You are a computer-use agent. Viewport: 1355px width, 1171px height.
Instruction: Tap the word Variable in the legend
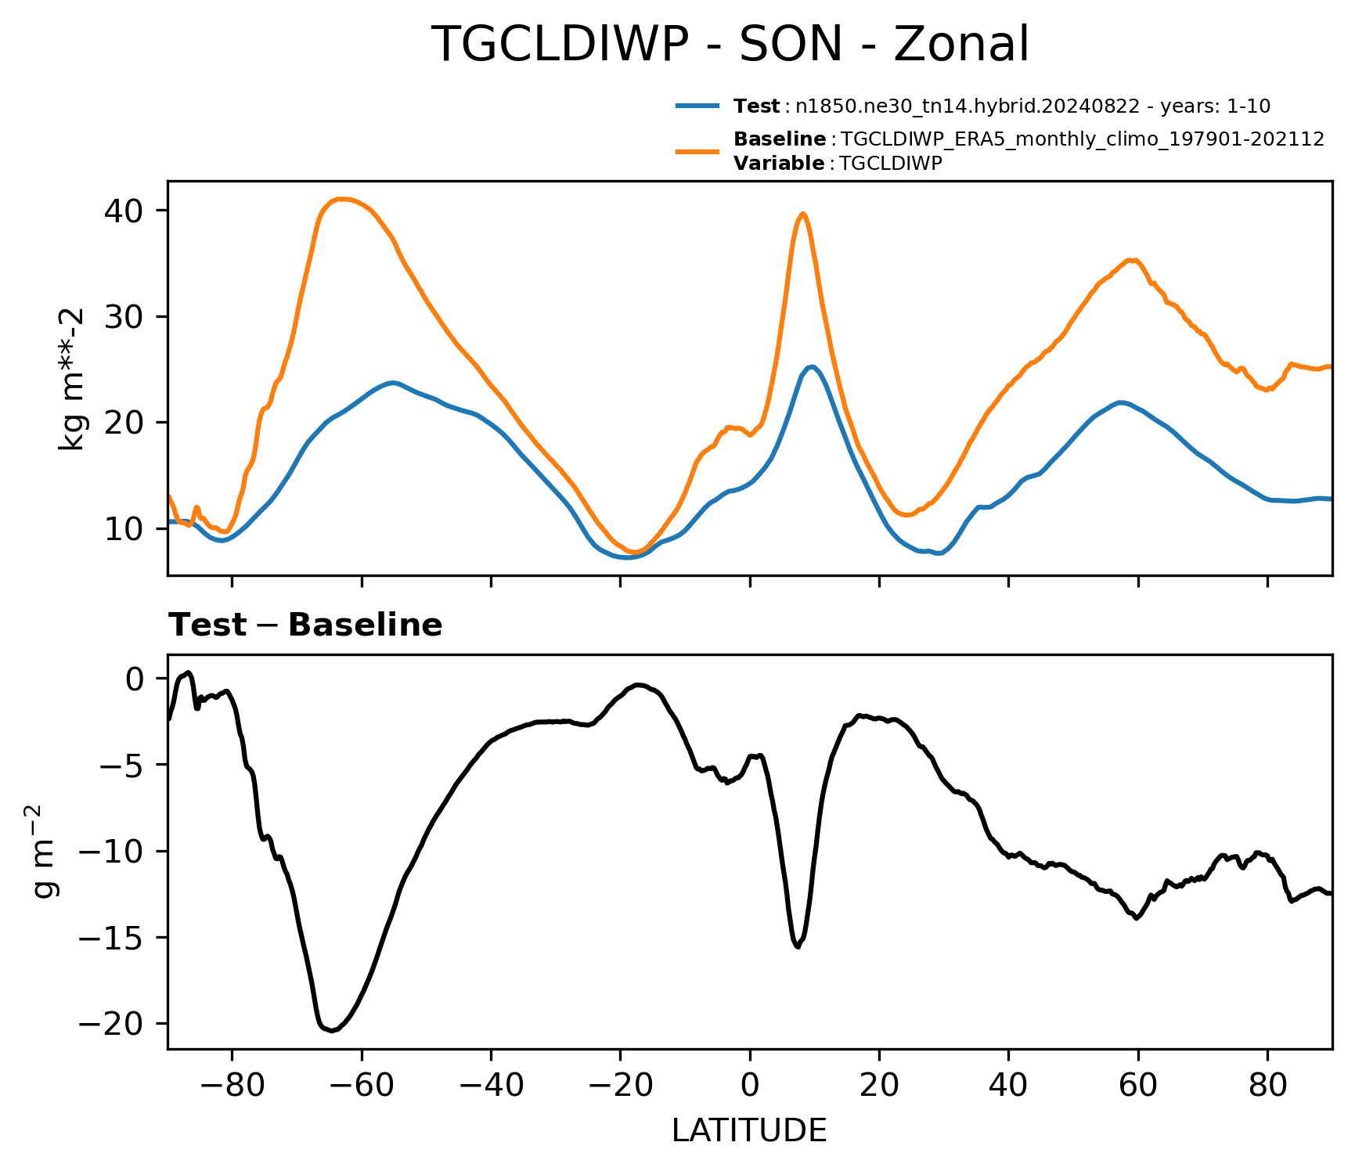[x=779, y=164]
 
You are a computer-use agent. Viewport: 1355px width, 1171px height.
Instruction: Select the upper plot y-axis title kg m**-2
[x=73, y=379]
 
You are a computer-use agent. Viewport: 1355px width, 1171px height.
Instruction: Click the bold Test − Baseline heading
[x=306, y=625]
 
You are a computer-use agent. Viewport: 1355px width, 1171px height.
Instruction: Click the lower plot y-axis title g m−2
[x=45, y=851]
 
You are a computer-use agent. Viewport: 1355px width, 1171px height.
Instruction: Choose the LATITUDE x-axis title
[x=749, y=1131]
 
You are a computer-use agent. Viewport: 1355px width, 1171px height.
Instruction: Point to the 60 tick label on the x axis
[x=1138, y=1086]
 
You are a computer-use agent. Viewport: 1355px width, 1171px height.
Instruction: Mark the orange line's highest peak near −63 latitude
[x=342, y=199]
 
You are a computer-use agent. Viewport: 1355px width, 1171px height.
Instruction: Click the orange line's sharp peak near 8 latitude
[x=802, y=214]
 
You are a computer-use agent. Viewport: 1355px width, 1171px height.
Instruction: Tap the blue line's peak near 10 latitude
[x=812, y=366]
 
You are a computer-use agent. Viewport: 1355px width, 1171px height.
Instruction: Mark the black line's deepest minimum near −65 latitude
[x=332, y=1030]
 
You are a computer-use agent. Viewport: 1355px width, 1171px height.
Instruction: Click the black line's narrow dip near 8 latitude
[x=798, y=946]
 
